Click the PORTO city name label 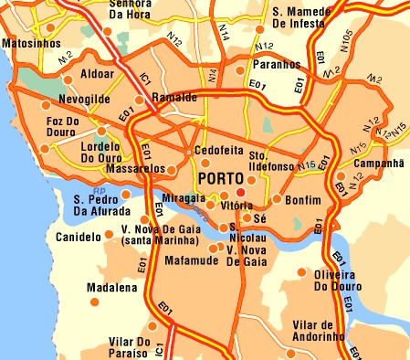point(224,177)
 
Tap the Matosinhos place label point(31,43)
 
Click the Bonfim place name point(304,200)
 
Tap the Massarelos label point(136,169)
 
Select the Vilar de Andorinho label point(318,331)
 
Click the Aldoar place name point(98,71)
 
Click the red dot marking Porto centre point(241,193)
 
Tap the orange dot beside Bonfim point(276,199)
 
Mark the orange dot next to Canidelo point(110,235)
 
